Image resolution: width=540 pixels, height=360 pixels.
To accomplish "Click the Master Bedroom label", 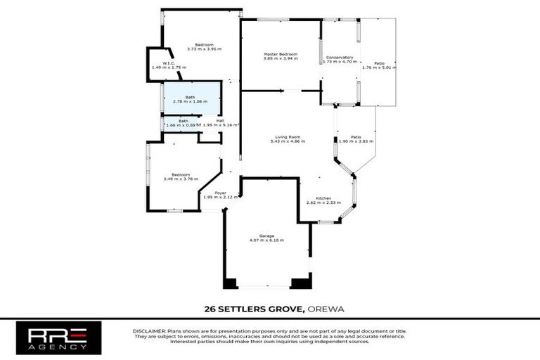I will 281,54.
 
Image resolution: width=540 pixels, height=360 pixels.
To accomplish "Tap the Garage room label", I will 266,236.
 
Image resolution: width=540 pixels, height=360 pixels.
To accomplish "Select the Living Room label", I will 288,136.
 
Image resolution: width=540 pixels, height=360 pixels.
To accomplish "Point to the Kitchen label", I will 323,198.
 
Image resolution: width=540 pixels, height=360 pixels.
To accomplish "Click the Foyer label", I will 220,193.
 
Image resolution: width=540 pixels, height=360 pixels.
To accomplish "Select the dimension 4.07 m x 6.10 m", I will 266,240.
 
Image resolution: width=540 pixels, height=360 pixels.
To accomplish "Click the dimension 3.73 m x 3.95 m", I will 204,49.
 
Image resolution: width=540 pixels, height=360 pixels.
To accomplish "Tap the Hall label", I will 220,120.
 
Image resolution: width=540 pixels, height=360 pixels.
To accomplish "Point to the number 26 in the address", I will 209,309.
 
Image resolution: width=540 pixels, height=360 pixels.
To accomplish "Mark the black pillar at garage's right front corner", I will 301,283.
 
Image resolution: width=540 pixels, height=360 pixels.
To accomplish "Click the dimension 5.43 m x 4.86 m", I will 288,141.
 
